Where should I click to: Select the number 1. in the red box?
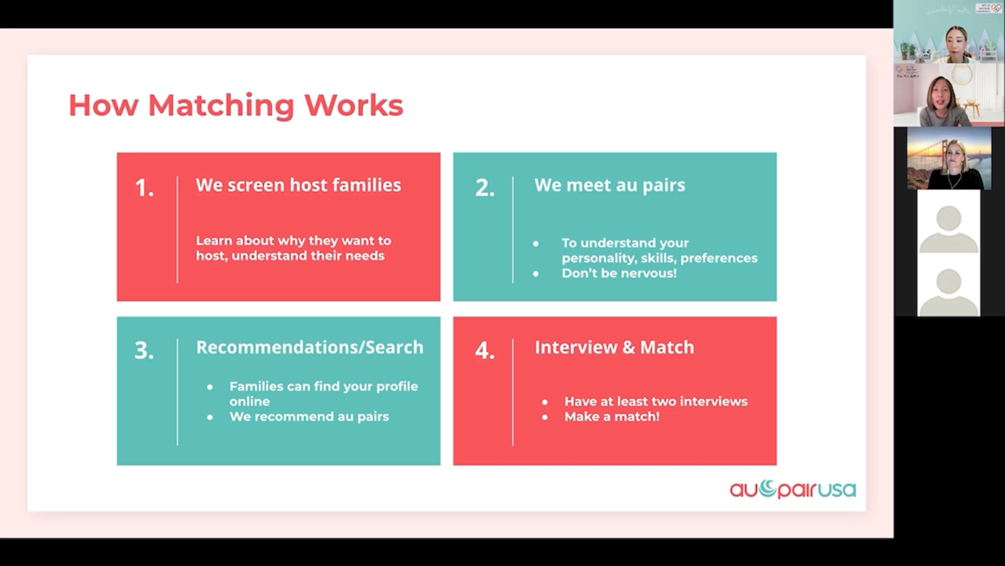[144, 188]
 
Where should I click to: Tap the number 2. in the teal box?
[485, 188]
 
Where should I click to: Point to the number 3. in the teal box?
[144, 351]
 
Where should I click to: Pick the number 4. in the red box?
[485, 351]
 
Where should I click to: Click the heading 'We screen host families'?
[298, 185]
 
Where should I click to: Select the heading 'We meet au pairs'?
[610, 186]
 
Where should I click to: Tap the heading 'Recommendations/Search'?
[310, 347]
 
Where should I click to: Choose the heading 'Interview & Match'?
[615, 347]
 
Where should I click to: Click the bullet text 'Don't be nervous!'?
[619, 273]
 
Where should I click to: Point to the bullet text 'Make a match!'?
[612, 417]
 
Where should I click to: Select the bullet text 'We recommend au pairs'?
[309, 417]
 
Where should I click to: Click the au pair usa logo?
[793, 489]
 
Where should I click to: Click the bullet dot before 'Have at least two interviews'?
[545, 402]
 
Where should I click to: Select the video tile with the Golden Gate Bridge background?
[949, 158]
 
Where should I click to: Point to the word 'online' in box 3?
[250, 401]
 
